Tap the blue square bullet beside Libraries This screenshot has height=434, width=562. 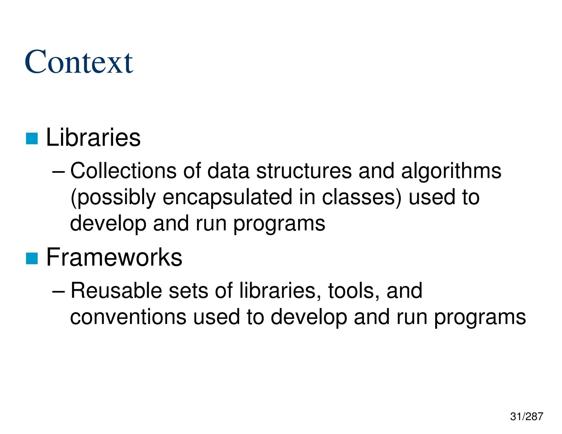pyautogui.click(x=32, y=138)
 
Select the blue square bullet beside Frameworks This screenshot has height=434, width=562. pyautogui.click(x=32, y=258)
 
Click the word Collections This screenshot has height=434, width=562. pyautogui.click(x=123, y=171)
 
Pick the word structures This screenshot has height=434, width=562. pyautogui.click(x=304, y=171)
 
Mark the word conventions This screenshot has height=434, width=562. pyautogui.click(x=128, y=317)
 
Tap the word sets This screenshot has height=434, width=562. pyautogui.click(x=188, y=291)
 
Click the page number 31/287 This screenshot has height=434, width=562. pyautogui.click(x=526, y=416)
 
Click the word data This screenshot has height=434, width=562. pyautogui.click(x=228, y=171)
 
